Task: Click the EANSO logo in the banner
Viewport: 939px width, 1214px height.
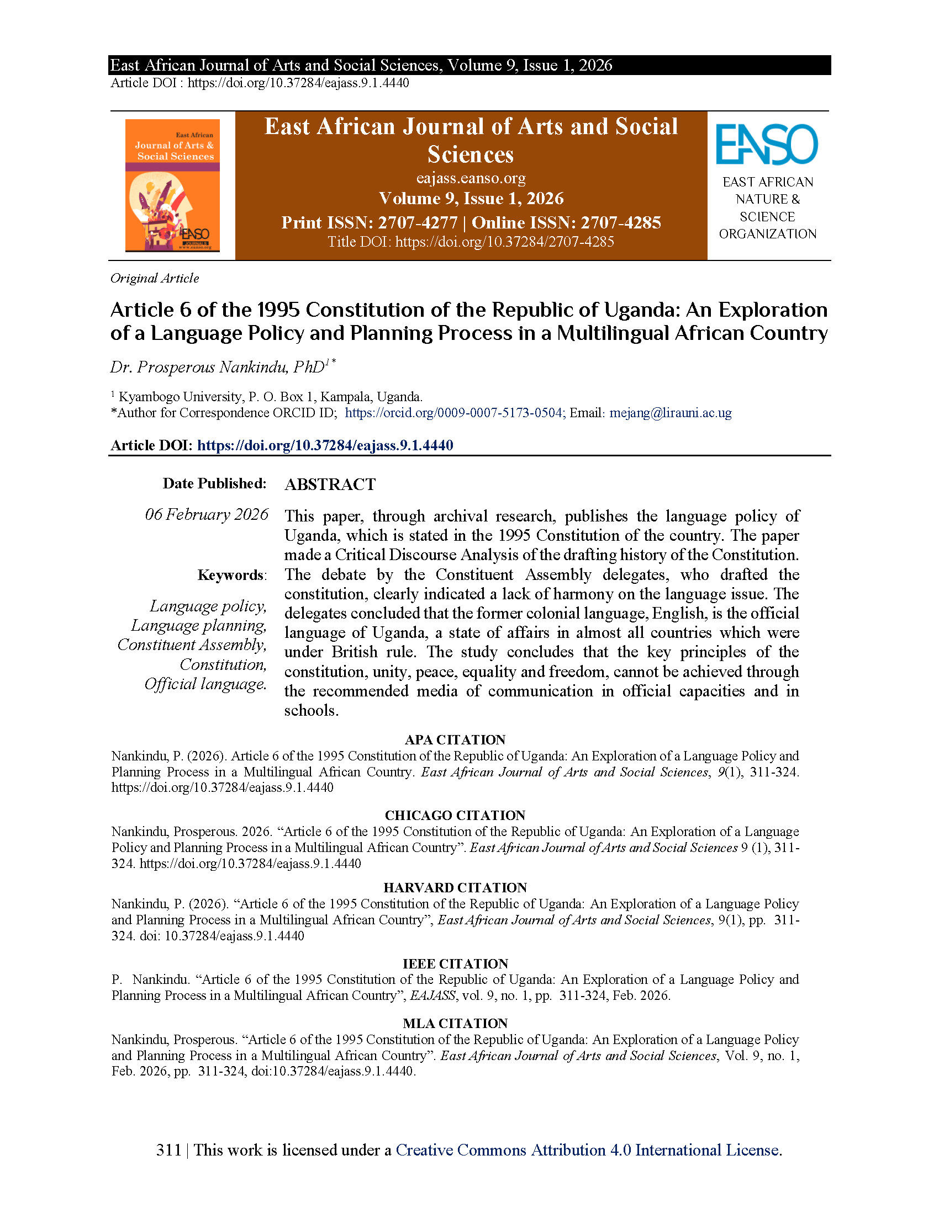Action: click(767, 145)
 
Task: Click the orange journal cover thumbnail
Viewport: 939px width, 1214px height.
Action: click(172, 185)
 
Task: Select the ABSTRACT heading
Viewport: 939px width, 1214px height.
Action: click(330, 484)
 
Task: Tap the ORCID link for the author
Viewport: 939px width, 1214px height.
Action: click(454, 413)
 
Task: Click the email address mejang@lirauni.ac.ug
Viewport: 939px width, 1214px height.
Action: click(671, 413)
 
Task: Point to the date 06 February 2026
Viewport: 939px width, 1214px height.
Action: click(207, 514)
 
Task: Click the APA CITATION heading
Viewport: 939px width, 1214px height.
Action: click(455, 740)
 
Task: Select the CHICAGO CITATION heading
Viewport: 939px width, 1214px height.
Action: click(455, 816)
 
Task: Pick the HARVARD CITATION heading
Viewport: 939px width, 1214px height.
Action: click(455, 888)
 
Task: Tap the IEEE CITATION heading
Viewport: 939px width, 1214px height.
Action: click(455, 964)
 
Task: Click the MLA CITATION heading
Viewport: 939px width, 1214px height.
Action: click(455, 1023)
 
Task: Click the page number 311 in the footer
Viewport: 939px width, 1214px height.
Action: click(168, 1150)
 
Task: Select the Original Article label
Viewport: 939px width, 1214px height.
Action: click(155, 279)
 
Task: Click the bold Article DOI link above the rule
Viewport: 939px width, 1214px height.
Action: click(325, 445)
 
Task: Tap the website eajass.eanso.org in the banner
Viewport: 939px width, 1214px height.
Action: click(471, 178)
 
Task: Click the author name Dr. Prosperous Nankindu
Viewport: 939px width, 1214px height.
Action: click(218, 368)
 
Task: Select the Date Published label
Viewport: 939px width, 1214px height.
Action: click(214, 483)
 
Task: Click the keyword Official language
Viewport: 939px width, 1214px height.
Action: click(205, 684)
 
